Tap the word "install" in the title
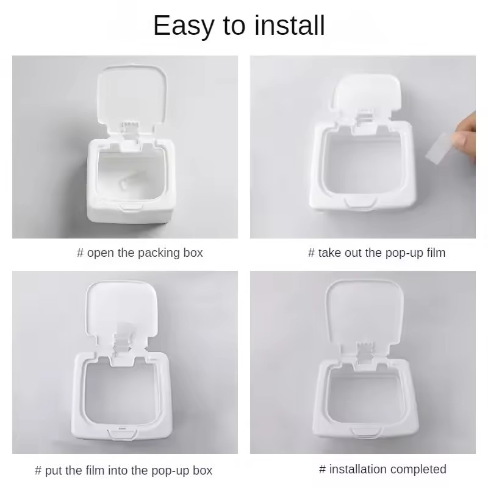click(290, 25)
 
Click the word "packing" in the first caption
click(159, 253)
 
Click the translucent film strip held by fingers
click(439, 147)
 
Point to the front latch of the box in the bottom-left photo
click(121, 434)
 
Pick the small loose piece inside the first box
click(124, 184)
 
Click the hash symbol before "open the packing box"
click(80, 253)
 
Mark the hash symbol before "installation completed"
click(323, 469)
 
